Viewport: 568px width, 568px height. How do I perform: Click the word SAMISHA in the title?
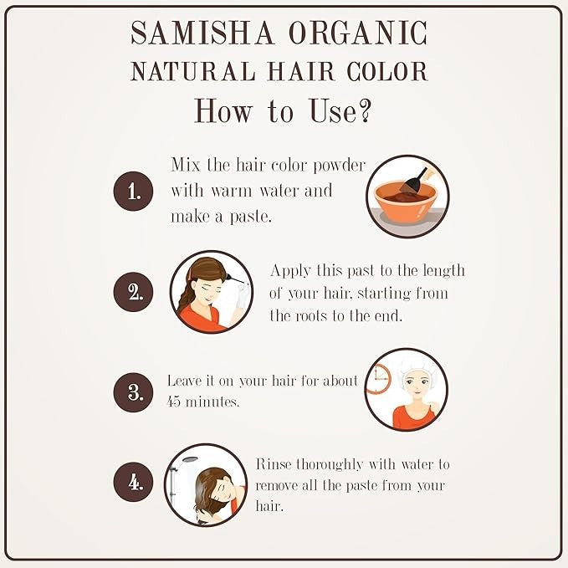click(202, 33)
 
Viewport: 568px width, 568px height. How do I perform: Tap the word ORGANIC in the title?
click(358, 33)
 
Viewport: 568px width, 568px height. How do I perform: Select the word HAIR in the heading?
click(301, 71)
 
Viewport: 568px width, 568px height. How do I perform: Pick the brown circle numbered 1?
click(133, 191)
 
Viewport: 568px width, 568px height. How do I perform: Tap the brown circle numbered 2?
click(133, 292)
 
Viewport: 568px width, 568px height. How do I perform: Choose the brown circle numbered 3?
click(133, 392)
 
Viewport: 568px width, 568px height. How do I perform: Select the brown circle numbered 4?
click(133, 482)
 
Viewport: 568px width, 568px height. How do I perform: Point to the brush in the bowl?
click(414, 181)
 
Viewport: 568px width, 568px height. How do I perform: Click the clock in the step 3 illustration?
click(379, 379)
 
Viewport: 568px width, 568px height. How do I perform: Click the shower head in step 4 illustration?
click(190, 460)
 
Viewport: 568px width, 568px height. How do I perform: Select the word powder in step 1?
click(340, 166)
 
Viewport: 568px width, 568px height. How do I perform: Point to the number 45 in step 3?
click(173, 402)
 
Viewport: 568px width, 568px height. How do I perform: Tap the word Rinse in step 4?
click(274, 464)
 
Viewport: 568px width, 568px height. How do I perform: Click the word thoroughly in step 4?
click(330, 465)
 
